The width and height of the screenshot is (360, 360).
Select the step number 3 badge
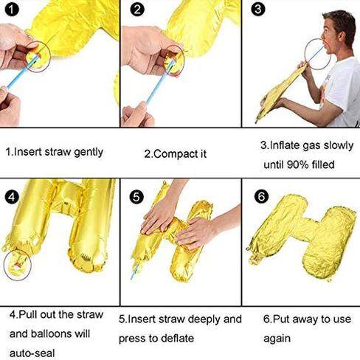(x=257, y=10)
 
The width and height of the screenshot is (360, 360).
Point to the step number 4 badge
(x=13, y=196)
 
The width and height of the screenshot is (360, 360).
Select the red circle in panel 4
(x=18, y=262)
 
